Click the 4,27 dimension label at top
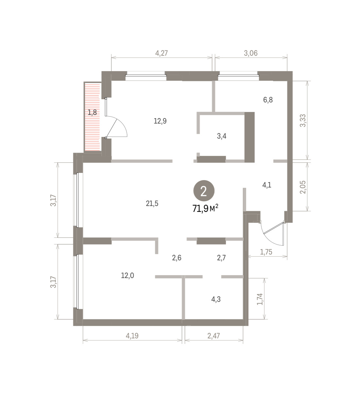coord(161,53)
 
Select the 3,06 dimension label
coord(250,53)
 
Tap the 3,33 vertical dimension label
coord(303,121)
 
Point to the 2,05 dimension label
coord(303,187)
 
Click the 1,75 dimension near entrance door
coord(266,252)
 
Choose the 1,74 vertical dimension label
coord(260,299)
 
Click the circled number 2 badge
coord(204,191)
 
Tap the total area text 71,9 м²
coord(205,208)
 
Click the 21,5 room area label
coord(152,204)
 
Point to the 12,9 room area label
coord(160,121)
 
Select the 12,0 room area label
coord(128,276)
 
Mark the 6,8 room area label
coord(268,100)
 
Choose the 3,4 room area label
coord(222,136)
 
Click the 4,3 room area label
coord(216,299)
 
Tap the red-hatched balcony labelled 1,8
coord(92,116)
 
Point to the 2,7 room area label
coord(221,258)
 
